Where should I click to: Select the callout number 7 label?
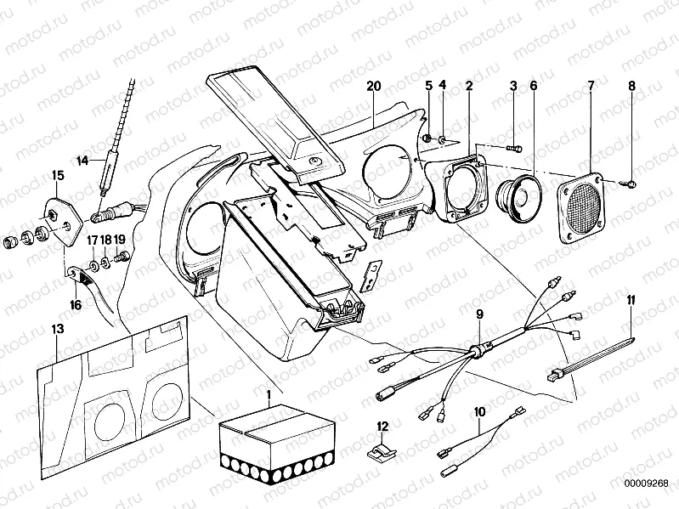(591, 85)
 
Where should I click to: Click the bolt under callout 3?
(513, 148)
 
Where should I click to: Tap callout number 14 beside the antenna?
(82, 159)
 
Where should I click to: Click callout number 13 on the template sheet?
(57, 328)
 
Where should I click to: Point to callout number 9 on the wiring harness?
(480, 314)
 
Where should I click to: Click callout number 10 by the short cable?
(480, 411)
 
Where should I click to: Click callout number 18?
(105, 240)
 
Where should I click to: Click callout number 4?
(442, 85)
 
